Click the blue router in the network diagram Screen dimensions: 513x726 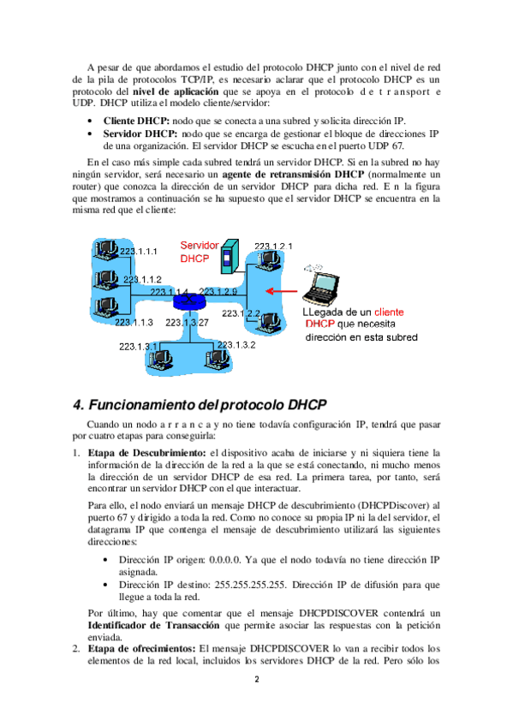pyautogui.click(x=188, y=301)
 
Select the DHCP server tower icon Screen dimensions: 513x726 pyautogui.click(x=230, y=256)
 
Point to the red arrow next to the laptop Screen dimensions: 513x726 pyautogui.click(x=282, y=291)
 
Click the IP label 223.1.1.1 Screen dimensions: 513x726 pyautogui.click(x=139, y=252)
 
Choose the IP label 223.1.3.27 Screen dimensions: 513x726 pyautogui.click(x=187, y=323)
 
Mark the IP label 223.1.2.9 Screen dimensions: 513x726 pyautogui.click(x=218, y=291)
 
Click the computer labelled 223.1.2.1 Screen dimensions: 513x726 pyautogui.click(x=269, y=260)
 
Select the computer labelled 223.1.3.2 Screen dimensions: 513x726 pyautogui.click(x=217, y=359)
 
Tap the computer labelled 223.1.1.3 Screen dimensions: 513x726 pyautogui.click(x=106, y=307)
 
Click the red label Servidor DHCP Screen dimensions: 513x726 pyautogui.click(x=199, y=252)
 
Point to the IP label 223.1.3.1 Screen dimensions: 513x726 pyautogui.click(x=138, y=347)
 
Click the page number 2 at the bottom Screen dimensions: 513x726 pyautogui.click(x=257, y=680)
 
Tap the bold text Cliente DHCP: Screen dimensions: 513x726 pyautogui.click(x=136, y=122)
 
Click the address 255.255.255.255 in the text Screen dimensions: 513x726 pyautogui.click(x=250, y=585)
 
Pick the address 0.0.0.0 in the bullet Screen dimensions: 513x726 pyautogui.click(x=225, y=560)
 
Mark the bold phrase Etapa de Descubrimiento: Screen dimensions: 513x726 pyautogui.click(x=146, y=453)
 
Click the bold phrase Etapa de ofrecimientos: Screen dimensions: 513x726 pyautogui.click(x=141, y=649)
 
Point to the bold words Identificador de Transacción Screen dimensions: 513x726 pyautogui.click(x=153, y=626)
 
